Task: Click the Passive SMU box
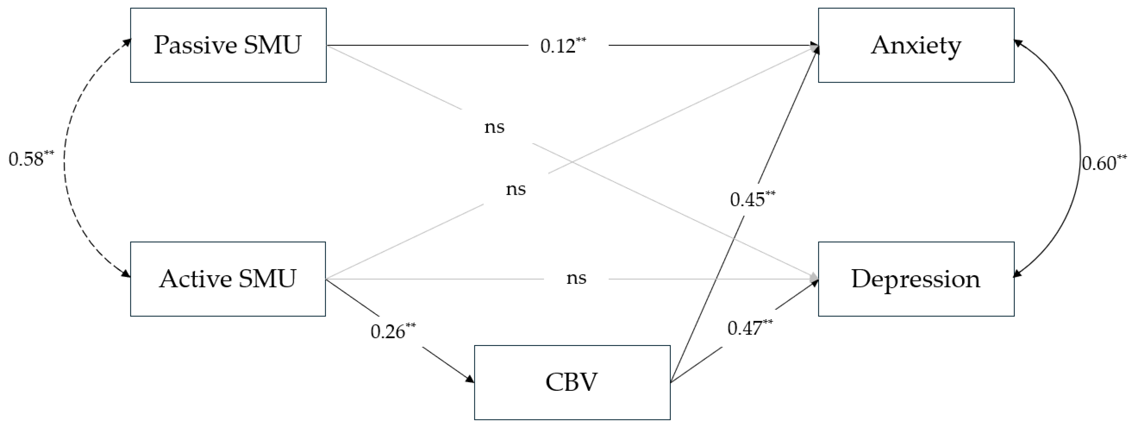(x=228, y=45)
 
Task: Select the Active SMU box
(x=228, y=279)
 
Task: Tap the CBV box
(x=572, y=382)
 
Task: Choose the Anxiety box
(x=916, y=45)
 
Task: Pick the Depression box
(x=916, y=279)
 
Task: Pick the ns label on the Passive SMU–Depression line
(x=494, y=127)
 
